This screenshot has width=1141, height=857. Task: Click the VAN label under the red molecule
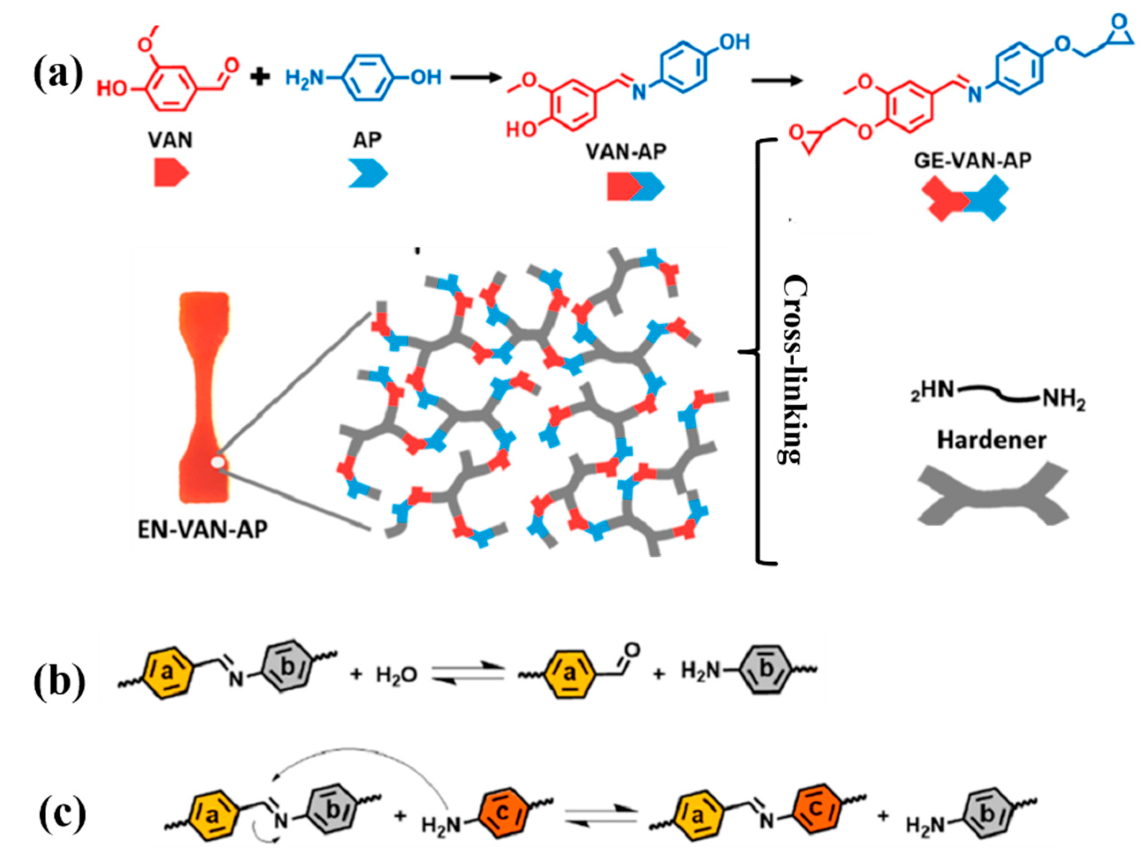tap(170, 140)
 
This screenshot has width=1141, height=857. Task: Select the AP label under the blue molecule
tap(367, 140)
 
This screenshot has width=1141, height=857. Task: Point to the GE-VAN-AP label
tap(973, 161)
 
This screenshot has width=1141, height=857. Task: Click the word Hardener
tap(992, 440)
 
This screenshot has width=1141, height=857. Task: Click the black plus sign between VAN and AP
tap(260, 78)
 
